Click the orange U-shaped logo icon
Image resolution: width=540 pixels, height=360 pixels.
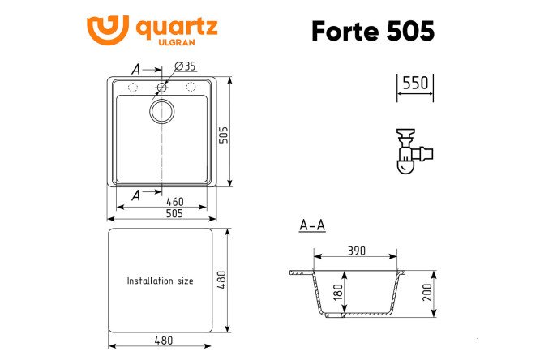(x=107, y=30)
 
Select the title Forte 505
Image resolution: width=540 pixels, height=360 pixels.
(x=373, y=31)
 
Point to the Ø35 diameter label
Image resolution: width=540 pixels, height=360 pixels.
(x=184, y=66)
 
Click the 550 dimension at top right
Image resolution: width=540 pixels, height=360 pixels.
(x=414, y=84)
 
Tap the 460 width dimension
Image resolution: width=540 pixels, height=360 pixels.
(x=174, y=202)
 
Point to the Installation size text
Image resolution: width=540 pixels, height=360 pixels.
(x=160, y=281)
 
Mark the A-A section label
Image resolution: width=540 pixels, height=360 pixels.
(x=312, y=225)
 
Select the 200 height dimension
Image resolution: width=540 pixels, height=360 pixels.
(x=426, y=292)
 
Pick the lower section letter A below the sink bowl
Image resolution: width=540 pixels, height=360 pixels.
(x=135, y=195)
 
